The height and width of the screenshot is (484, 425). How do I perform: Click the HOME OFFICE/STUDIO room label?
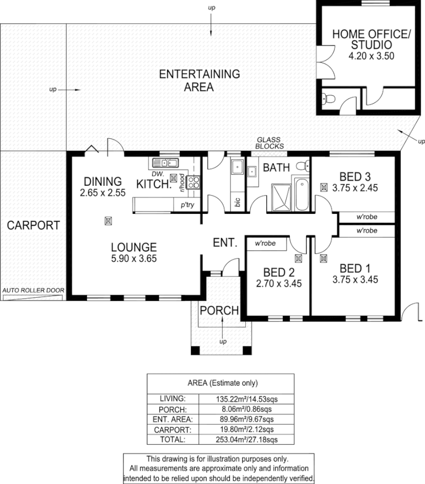click(x=371, y=39)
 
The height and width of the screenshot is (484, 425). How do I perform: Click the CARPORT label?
click(x=33, y=225)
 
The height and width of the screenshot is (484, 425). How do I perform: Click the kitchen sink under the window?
click(x=165, y=163)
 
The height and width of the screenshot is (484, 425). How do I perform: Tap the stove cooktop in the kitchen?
click(x=193, y=182)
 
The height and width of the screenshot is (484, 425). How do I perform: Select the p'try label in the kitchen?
click(x=184, y=205)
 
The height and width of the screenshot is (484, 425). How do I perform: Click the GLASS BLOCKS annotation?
click(x=270, y=143)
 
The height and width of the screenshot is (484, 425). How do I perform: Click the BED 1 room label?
click(x=354, y=268)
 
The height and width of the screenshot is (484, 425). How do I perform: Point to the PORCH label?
click(x=219, y=310)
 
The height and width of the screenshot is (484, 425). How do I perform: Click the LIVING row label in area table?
click(x=173, y=398)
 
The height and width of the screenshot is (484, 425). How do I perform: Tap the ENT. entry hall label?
click(x=225, y=243)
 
